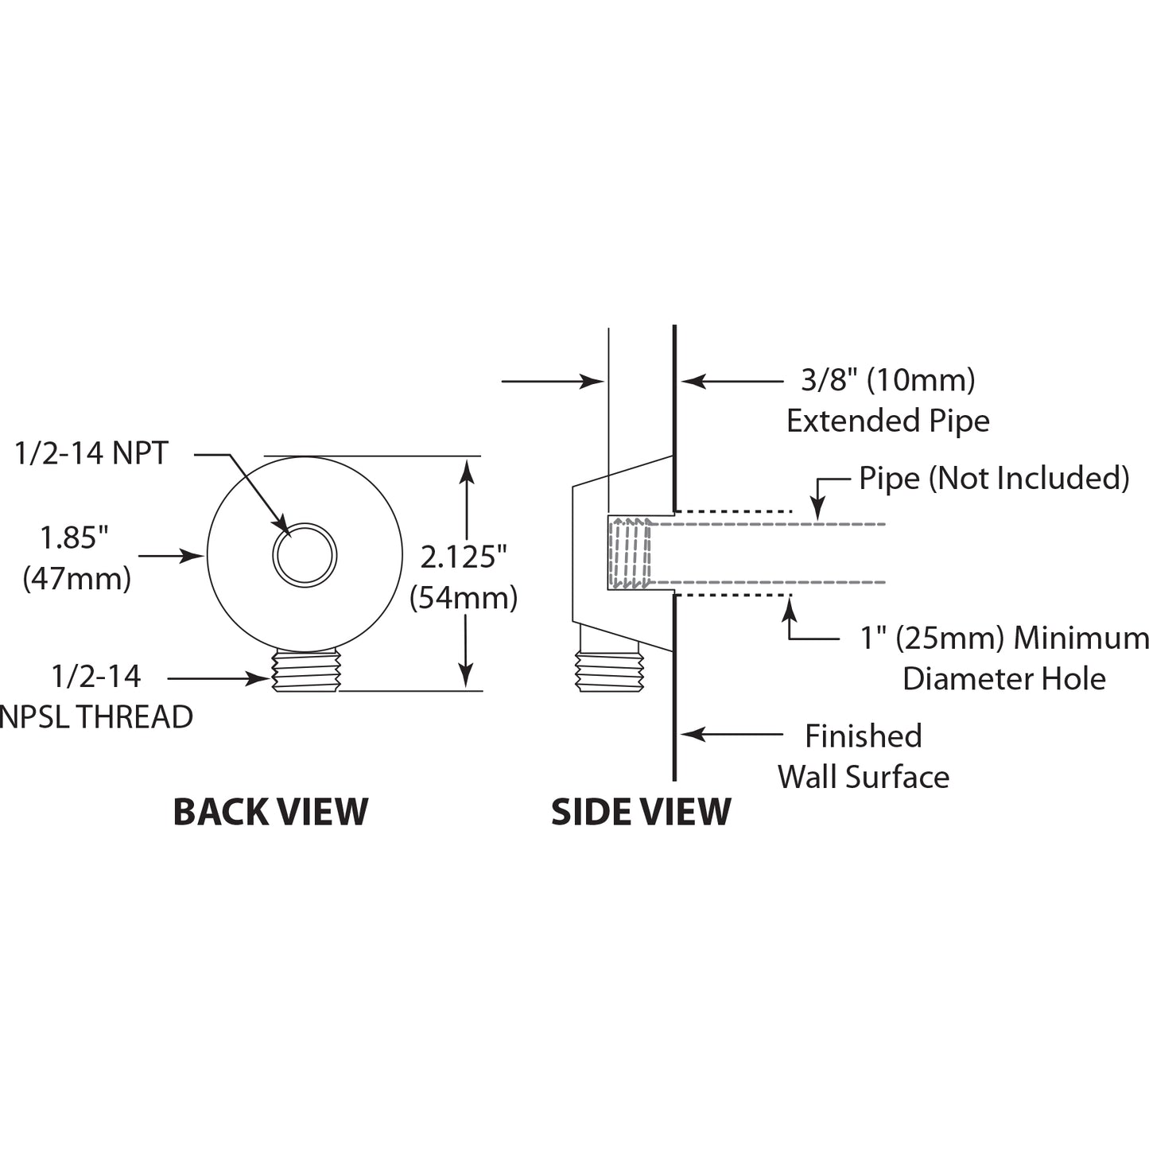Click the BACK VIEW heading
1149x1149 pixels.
click(270, 812)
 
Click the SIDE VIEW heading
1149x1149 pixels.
click(641, 812)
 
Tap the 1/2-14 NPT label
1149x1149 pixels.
click(91, 453)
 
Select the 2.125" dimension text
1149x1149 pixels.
click(464, 557)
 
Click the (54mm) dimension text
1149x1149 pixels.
click(464, 597)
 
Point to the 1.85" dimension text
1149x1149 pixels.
click(75, 538)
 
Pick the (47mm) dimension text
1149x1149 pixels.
click(76, 578)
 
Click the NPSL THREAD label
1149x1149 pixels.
click(96, 716)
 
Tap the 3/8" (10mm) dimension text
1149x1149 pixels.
click(888, 380)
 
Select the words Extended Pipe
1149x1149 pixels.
click(888, 421)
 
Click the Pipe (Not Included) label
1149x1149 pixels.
click(994, 478)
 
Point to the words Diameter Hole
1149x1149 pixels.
click(1004, 678)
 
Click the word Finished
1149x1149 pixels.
click(864, 736)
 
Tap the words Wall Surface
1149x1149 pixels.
click(864, 777)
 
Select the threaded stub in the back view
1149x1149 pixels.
click(306, 670)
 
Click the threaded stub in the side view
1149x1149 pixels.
click(609, 670)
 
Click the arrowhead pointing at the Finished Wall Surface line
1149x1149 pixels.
click(693, 734)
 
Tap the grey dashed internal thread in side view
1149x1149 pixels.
click(630, 553)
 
